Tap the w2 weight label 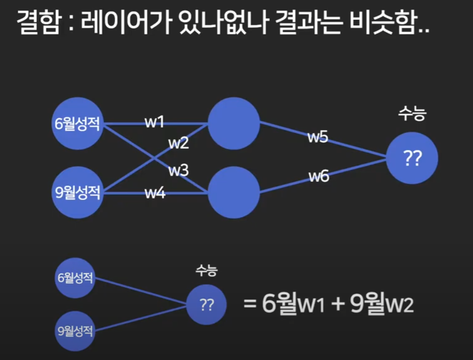tap(178, 144)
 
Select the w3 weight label tap(178, 171)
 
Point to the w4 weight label tap(155, 193)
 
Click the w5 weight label tap(318, 137)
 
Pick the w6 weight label tap(319, 176)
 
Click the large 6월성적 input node tap(77, 123)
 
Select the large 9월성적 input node tap(77, 192)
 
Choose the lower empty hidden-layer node tap(234, 192)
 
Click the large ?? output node tap(413, 158)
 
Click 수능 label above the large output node tap(412, 114)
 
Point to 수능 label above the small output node tap(206, 271)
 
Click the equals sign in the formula tap(250, 303)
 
